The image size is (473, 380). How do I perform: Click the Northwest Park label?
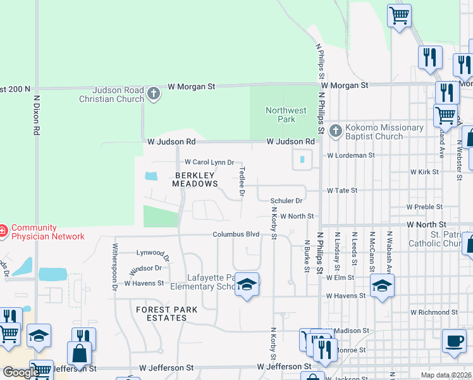click(286, 115)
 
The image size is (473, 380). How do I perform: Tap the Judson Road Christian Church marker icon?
click(153, 94)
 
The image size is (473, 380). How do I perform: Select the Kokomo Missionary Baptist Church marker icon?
click(335, 131)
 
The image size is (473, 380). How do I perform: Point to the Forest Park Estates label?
click(166, 314)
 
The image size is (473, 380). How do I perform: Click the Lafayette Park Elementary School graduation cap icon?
click(247, 286)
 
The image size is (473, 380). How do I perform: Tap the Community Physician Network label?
click(47, 232)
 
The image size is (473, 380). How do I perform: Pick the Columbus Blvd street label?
click(236, 234)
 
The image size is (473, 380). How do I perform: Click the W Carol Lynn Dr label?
click(209, 162)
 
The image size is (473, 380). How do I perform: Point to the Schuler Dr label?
click(287, 201)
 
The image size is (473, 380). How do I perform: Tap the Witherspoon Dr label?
click(116, 267)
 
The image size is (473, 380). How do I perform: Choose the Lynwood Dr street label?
click(153, 254)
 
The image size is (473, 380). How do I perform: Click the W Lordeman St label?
click(351, 155)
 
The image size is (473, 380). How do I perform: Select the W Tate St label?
click(342, 190)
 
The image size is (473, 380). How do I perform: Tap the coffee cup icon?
click(453, 341)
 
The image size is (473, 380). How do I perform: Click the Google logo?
click(21, 372)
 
